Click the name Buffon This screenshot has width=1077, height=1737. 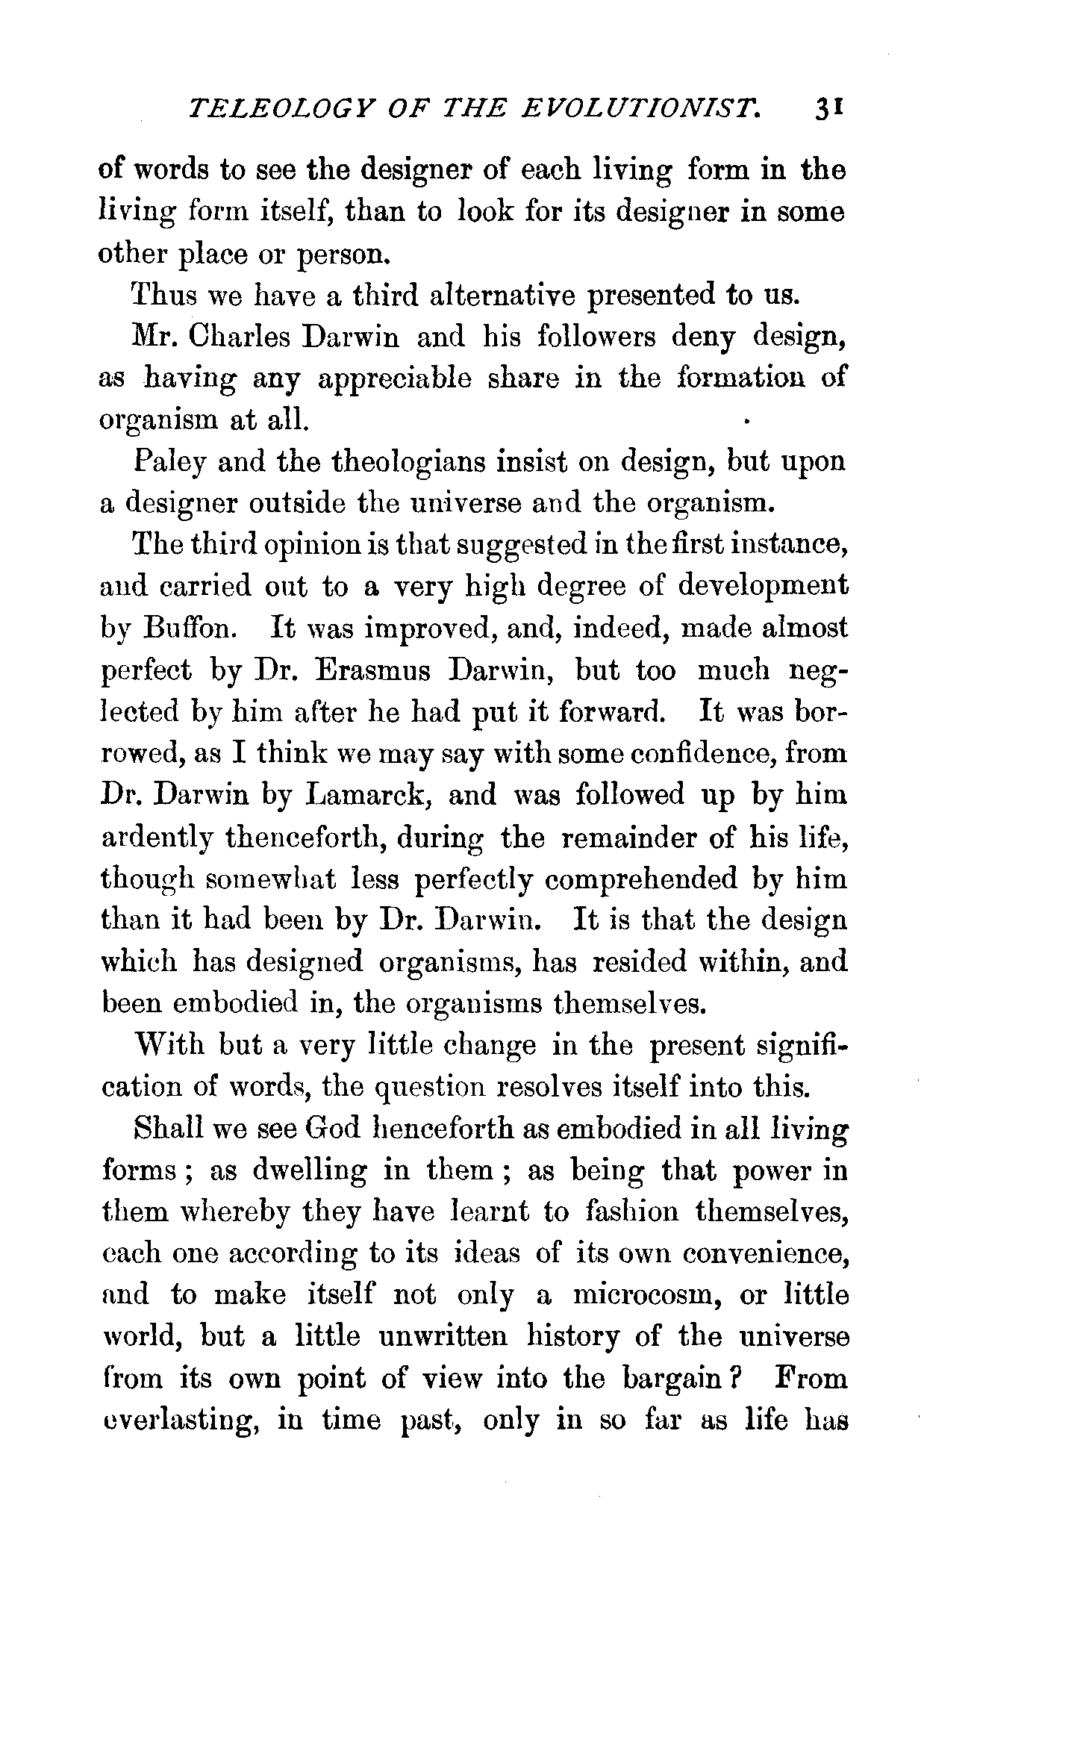coord(191,628)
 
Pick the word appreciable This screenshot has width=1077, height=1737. coord(395,379)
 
